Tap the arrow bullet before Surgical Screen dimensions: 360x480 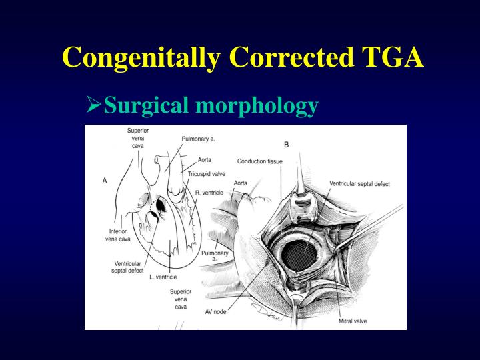click(94, 105)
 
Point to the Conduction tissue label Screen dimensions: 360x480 click(260, 161)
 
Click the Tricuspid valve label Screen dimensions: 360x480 click(207, 174)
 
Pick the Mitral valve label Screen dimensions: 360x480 click(353, 321)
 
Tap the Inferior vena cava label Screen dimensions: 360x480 click(118, 235)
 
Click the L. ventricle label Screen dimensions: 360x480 click(163, 277)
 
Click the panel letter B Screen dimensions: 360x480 click(287, 144)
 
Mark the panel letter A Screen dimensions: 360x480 click(105, 181)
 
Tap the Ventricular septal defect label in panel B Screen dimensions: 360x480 click(359, 183)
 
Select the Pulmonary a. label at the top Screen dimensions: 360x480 click(198, 139)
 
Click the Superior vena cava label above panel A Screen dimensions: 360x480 click(138, 137)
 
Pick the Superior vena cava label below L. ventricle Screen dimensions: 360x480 click(180, 299)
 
